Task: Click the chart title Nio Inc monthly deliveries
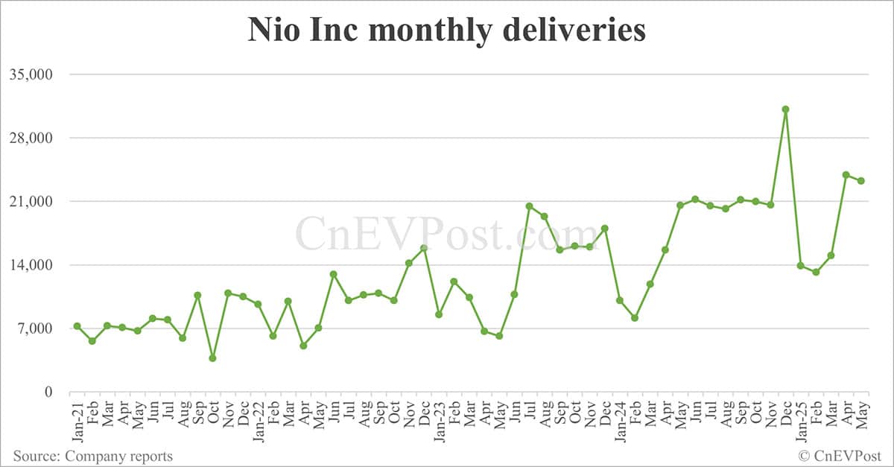(x=446, y=31)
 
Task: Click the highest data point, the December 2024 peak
(x=785, y=109)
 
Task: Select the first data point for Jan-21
(x=77, y=326)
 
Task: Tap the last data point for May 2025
(x=860, y=181)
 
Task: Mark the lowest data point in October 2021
(x=212, y=358)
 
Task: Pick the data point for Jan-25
(x=800, y=266)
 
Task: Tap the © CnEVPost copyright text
(x=840, y=455)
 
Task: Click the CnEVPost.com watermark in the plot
(x=447, y=232)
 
